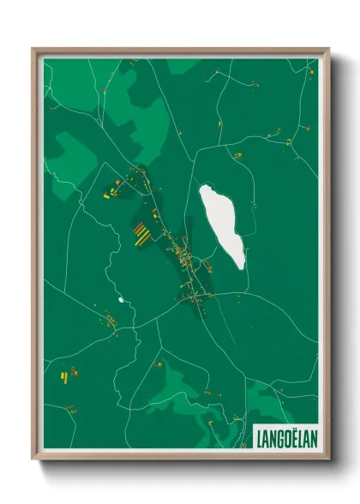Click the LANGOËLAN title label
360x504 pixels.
286,439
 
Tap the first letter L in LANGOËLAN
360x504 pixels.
259,439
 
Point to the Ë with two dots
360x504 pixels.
293,438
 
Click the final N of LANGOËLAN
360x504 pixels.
314,439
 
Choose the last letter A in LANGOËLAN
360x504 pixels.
307,439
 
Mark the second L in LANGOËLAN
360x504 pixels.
300,439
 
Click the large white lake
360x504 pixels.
221,225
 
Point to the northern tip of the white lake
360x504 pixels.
207,188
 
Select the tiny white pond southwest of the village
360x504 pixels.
121,300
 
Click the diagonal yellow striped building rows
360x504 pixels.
141,232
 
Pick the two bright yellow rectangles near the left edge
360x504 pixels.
63,374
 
